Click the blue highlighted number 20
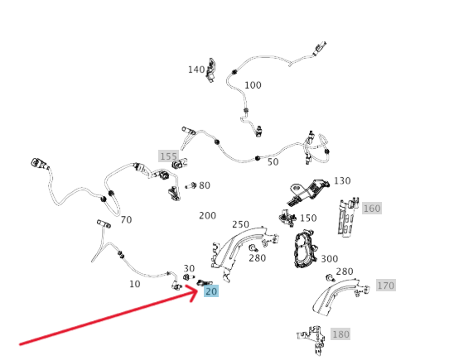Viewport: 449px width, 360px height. (x=211, y=291)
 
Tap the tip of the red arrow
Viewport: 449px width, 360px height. (x=198, y=290)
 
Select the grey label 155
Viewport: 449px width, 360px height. (x=169, y=156)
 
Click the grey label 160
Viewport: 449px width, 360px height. (x=372, y=208)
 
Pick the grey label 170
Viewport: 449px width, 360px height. (x=386, y=286)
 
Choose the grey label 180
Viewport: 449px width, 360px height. (x=340, y=334)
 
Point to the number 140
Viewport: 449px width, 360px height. (x=196, y=70)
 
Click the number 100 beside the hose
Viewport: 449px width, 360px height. (x=253, y=85)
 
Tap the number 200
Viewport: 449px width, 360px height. (x=207, y=215)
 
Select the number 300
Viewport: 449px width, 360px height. (x=330, y=259)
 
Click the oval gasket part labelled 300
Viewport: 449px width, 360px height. (x=305, y=249)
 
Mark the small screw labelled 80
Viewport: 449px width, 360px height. (x=191, y=186)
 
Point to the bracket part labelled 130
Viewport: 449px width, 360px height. (x=308, y=192)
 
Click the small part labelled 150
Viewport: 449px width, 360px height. (x=287, y=218)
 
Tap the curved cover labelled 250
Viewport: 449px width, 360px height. (x=244, y=252)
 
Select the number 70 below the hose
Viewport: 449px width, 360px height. (x=126, y=220)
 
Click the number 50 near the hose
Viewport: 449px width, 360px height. (x=273, y=162)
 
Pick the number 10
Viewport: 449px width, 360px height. (x=134, y=284)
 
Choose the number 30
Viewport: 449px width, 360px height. (x=189, y=268)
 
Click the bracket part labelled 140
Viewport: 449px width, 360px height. (x=211, y=70)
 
